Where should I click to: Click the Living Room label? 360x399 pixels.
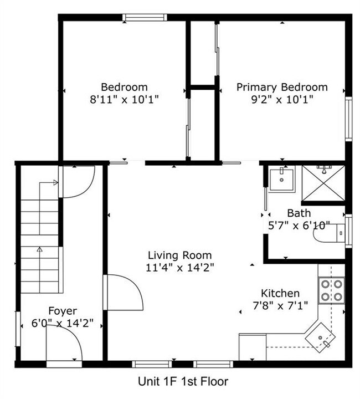180,255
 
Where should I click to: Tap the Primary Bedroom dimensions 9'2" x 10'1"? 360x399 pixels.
282,100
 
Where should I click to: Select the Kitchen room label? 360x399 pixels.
280,293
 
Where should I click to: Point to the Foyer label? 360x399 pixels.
63,311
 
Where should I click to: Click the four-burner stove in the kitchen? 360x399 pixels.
332,290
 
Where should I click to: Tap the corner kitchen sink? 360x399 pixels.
320,337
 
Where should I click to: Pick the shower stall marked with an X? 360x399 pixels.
323,183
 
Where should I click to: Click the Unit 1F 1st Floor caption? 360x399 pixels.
183,381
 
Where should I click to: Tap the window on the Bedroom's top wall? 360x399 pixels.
145,17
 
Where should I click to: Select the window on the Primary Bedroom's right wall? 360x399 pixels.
348,119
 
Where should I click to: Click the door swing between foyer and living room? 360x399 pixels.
124,293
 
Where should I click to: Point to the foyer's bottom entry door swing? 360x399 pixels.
64,344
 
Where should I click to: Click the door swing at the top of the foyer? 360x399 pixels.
77,182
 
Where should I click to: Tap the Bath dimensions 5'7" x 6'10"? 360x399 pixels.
299,226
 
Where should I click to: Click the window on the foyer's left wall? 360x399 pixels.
18,329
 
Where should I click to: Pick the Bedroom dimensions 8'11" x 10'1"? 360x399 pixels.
124,100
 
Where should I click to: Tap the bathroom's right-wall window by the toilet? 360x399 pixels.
348,231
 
